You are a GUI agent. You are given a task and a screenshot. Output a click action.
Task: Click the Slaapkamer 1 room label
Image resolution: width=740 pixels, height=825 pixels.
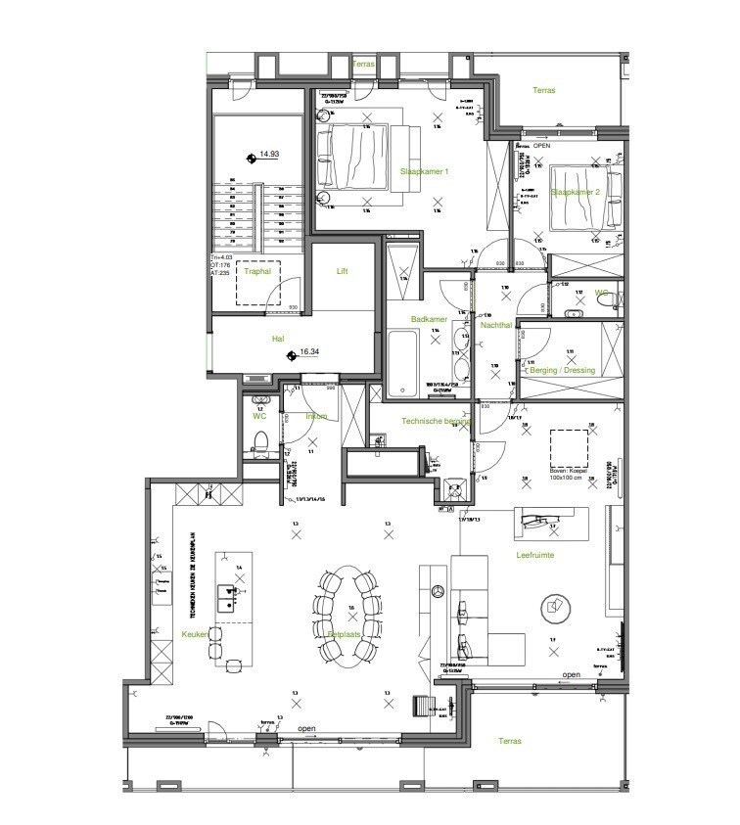(x=424, y=171)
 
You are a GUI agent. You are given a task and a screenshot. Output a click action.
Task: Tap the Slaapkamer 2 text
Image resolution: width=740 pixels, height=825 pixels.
(x=575, y=192)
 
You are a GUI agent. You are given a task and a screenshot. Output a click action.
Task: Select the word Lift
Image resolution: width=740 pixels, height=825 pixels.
(x=342, y=271)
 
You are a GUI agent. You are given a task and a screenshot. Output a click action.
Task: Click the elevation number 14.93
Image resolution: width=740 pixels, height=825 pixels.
(x=269, y=154)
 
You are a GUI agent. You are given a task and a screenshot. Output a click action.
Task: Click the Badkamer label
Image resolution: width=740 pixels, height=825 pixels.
(x=430, y=319)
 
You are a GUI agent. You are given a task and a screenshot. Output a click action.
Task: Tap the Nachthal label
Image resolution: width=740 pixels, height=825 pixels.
(x=495, y=324)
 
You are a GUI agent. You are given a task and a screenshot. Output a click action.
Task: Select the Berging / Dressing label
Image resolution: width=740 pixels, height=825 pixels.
(x=562, y=371)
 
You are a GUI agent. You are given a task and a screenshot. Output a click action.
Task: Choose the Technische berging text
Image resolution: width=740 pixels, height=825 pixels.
(x=437, y=421)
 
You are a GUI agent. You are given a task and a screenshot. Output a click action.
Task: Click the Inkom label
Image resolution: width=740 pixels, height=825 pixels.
(x=316, y=416)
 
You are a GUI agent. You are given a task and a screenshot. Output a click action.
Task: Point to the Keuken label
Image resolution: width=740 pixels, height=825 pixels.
(x=195, y=635)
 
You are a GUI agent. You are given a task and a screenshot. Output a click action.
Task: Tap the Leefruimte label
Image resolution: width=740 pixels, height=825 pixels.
(x=535, y=555)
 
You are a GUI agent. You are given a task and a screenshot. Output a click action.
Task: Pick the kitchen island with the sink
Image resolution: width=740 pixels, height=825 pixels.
(x=233, y=587)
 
